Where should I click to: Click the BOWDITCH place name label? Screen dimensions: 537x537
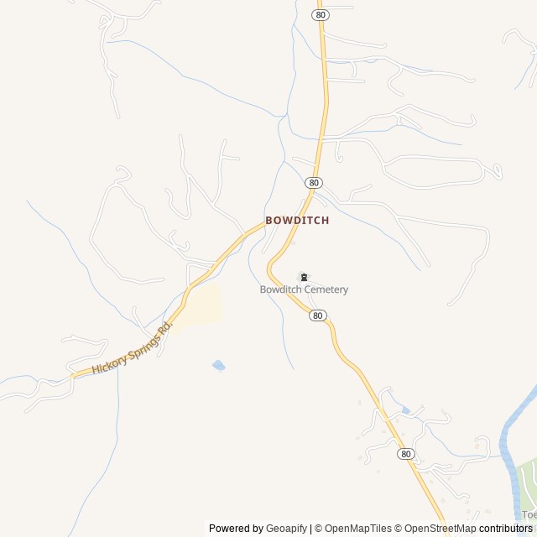[297, 220]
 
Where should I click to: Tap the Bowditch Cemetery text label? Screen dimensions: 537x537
[304, 289]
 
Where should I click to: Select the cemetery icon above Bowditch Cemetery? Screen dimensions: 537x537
[304, 277]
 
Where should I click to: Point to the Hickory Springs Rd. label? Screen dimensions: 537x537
[132, 345]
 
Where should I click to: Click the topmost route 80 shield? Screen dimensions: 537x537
[320, 15]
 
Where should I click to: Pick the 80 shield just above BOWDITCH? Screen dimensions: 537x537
[314, 182]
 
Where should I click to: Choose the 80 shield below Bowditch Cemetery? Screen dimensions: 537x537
[317, 315]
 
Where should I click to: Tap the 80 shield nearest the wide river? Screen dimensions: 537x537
[406, 454]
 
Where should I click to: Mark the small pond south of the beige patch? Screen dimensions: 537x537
[219, 365]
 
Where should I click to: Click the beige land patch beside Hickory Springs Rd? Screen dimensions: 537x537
[204, 304]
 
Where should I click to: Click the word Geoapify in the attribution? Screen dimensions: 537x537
[287, 529]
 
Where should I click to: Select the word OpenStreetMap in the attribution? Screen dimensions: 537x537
[440, 529]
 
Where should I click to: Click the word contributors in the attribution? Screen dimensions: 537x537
[506, 529]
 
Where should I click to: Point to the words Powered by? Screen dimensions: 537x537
[236, 529]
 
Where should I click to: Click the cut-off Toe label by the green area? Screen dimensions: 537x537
[529, 514]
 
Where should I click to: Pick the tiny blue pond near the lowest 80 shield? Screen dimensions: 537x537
[406, 410]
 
